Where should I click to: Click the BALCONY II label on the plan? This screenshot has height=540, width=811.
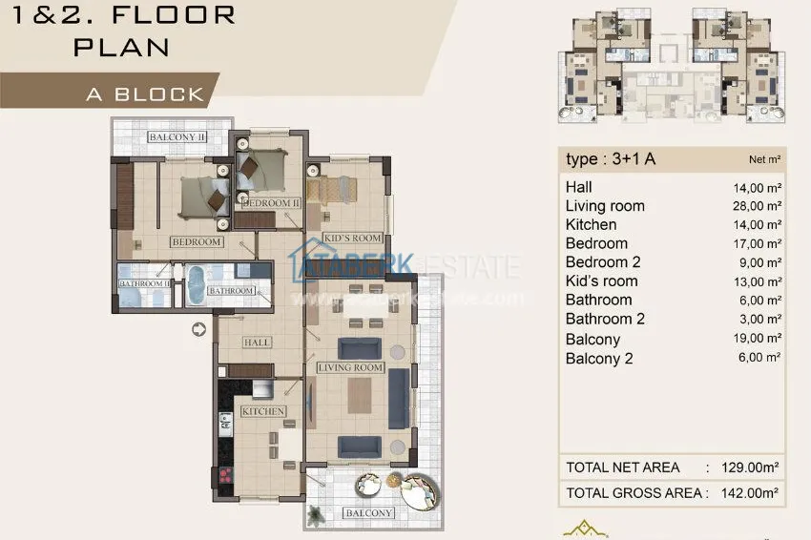pyautogui.click(x=177, y=137)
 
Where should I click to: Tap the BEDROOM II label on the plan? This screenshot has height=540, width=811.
pyautogui.click(x=271, y=203)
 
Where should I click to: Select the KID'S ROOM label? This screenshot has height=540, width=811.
pyautogui.click(x=352, y=238)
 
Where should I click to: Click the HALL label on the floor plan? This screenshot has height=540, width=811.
pyautogui.click(x=257, y=343)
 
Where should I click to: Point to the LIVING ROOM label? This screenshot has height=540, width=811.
pyautogui.click(x=350, y=367)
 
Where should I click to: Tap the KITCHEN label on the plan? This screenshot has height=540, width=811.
pyautogui.click(x=263, y=411)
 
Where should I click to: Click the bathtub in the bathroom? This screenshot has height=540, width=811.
pyautogui.click(x=195, y=285)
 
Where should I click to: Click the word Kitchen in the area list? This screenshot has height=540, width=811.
pyautogui.click(x=591, y=225)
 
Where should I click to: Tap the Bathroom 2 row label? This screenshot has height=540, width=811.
pyautogui.click(x=605, y=319)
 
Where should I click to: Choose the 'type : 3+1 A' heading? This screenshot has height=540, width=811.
pyautogui.click(x=610, y=159)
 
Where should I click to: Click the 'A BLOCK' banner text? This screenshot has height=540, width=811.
pyautogui.click(x=145, y=93)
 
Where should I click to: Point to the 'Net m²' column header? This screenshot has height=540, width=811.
pyautogui.click(x=763, y=160)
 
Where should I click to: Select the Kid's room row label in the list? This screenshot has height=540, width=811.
pyautogui.click(x=601, y=281)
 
